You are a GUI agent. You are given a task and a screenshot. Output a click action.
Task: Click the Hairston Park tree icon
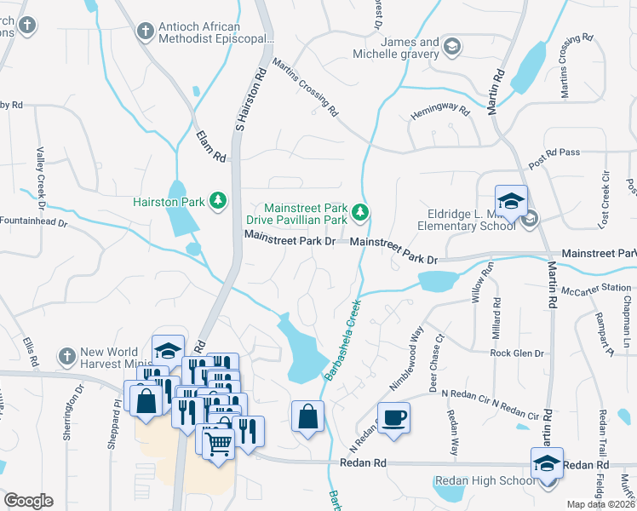[x=219, y=200]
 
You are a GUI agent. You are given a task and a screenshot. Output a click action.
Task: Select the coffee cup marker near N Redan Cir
[x=393, y=418]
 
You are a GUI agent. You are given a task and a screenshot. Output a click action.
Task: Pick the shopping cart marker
[x=218, y=440]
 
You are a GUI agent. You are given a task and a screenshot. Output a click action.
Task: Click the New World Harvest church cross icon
[x=67, y=355]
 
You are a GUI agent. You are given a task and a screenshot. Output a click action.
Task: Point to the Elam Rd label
[x=209, y=146]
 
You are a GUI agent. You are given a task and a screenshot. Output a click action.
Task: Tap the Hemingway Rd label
[x=440, y=111]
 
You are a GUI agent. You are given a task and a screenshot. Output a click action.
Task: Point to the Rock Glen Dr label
[x=516, y=353]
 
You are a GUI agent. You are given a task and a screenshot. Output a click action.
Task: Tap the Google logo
[x=28, y=501]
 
